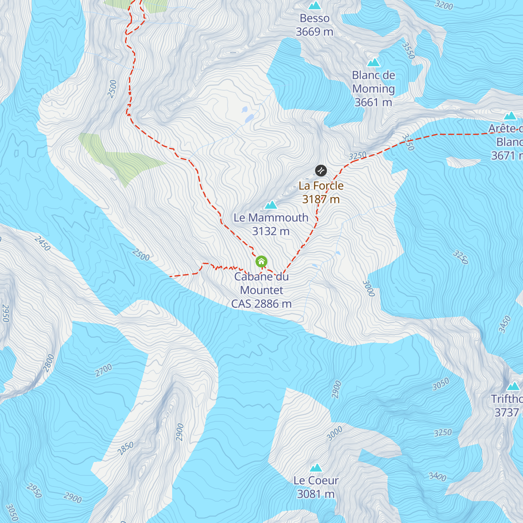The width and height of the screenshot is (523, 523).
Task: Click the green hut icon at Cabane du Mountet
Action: click(x=261, y=261)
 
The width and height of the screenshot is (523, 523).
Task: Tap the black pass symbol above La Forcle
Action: click(x=321, y=170)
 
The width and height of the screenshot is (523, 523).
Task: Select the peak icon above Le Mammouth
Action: click(x=271, y=204)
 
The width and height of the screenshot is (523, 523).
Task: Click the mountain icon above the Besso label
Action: click(x=314, y=5)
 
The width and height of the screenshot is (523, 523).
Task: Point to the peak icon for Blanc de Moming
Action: click(x=374, y=62)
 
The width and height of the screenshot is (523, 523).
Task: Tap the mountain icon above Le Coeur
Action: click(x=316, y=468)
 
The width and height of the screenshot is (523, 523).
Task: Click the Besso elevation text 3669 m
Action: click(x=314, y=32)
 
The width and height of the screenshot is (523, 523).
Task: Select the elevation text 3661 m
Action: click(x=373, y=102)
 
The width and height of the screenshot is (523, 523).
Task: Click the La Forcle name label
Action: click(x=321, y=186)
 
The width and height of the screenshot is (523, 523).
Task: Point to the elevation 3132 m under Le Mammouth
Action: click(x=271, y=231)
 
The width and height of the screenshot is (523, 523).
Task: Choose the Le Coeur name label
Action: click(x=316, y=480)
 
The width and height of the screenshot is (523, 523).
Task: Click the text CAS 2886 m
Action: click(x=261, y=304)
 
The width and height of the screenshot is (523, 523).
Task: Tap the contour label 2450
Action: click(x=42, y=244)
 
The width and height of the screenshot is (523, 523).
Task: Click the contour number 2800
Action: click(x=49, y=363)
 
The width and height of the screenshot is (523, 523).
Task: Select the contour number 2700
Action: click(x=104, y=370)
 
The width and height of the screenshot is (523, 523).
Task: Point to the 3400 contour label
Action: click(x=437, y=476)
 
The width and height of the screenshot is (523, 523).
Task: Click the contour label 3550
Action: click(x=408, y=51)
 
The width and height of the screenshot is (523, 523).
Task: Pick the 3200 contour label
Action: click(x=444, y=5)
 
